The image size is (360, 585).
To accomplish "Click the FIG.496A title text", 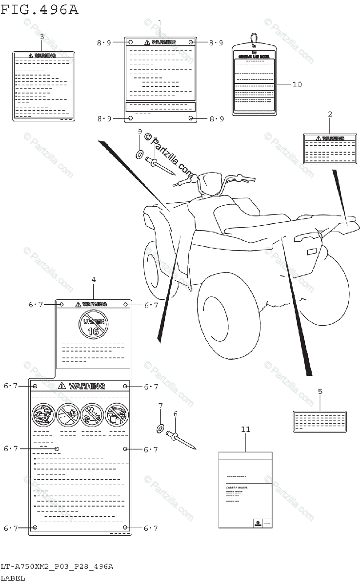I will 40,10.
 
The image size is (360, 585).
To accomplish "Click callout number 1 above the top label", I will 160,22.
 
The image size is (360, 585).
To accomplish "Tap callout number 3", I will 41,37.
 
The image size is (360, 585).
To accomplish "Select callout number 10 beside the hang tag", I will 297,84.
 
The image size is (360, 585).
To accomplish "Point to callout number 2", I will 330,114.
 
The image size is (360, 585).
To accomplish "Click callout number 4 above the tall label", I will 93,279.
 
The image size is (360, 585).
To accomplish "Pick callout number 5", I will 320,391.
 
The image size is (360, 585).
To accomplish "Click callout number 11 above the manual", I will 245,429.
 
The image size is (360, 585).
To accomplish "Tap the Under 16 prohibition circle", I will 93,325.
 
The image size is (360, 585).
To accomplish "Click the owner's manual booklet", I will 245,489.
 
